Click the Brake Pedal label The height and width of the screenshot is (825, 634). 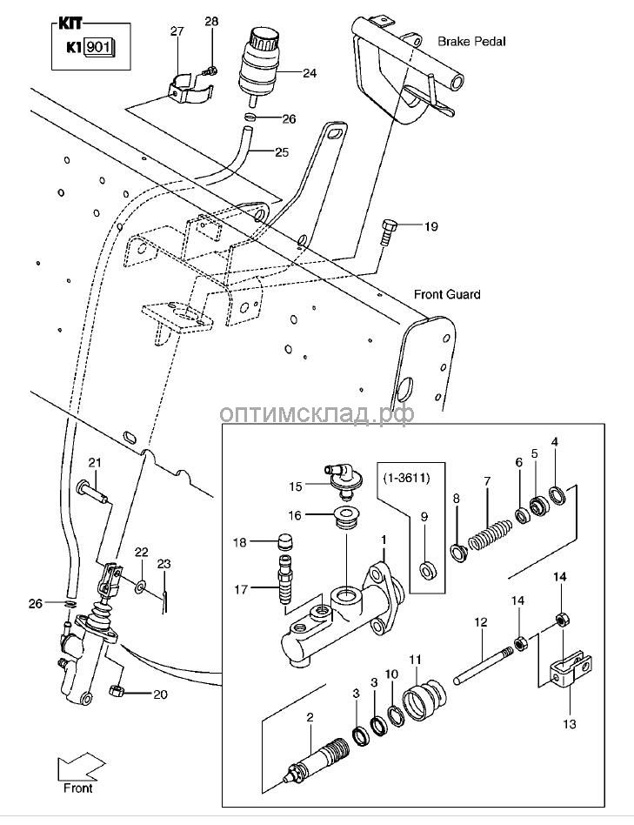click(x=471, y=41)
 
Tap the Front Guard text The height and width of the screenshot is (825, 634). click(x=448, y=295)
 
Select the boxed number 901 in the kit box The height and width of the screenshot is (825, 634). click(x=100, y=47)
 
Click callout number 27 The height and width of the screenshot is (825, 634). click(x=177, y=31)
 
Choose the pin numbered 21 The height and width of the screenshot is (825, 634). click(x=92, y=492)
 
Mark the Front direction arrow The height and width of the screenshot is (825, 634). click(x=74, y=771)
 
